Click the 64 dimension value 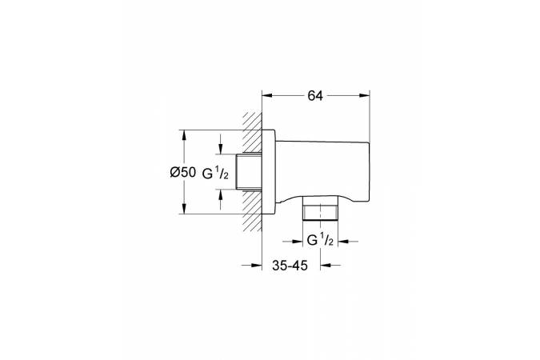[x=315, y=96]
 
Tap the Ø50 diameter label [x=182, y=172]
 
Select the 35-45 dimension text [x=290, y=266]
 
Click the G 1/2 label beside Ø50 [x=215, y=173]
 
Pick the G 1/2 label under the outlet [x=320, y=240]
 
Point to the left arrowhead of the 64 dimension [x=267, y=96]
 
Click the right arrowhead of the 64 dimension [x=364, y=96]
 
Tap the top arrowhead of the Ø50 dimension [x=184, y=135]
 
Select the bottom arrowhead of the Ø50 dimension [x=184, y=209]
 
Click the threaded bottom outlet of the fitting [x=320, y=208]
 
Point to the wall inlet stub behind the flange [x=250, y=171]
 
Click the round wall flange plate [x=269, y=172]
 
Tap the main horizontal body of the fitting [x=322, y=170]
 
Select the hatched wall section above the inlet [x=252, y=133]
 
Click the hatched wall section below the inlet [x=252, y=210]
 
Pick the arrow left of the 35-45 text [x=251, y=266]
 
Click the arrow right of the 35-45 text [x=330, y=266]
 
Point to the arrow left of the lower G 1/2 [x=292, y=242]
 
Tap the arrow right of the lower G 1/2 [x=348, y=242]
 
